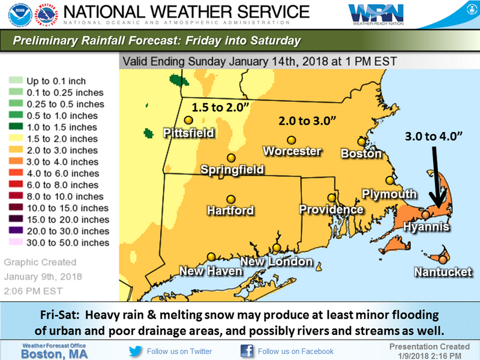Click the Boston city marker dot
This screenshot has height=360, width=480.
[x=361, y=142]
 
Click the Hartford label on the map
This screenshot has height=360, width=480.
[x=230, y=211]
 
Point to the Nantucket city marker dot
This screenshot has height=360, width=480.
[x=442, y=259]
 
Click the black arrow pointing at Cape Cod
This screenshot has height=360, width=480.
[x=437, y=175]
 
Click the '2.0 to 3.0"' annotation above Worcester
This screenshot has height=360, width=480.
[x=307, y=121]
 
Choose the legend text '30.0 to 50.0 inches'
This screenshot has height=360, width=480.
[x=68, y=243]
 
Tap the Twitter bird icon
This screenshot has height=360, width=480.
[x=136, y=350]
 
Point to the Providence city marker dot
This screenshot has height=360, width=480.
[x=331, y=197]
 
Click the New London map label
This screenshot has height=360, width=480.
[x=277, y=262]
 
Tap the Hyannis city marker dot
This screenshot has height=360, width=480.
[x=425, y=214]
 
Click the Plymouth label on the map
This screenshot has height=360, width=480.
[x=389, y=194]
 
